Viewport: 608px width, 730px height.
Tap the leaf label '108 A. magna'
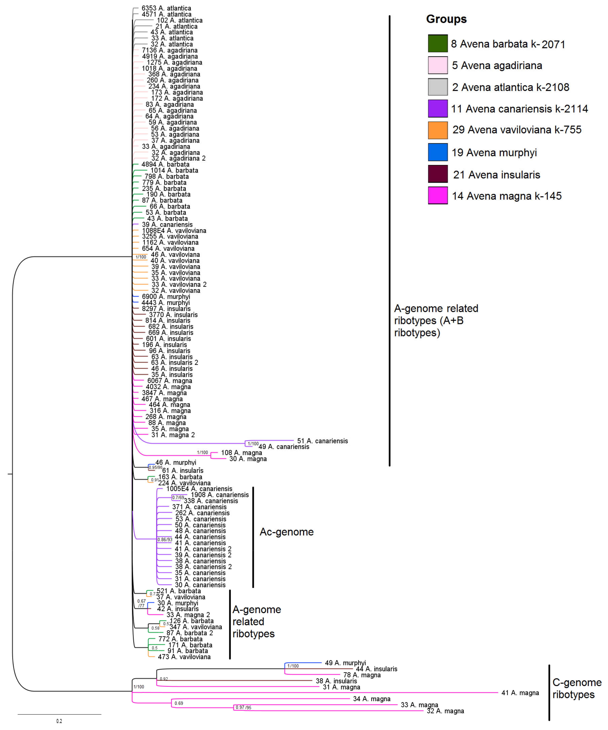point(241,453)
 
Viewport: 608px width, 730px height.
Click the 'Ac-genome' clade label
point(287,532)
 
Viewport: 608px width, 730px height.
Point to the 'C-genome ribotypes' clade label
point(577,688)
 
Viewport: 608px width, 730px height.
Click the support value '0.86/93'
point(165,540)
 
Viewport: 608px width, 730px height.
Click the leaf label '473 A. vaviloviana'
point(184,657)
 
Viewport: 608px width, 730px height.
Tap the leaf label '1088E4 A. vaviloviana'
point(174,230)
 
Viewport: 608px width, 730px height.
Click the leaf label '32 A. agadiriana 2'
point(178,158)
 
